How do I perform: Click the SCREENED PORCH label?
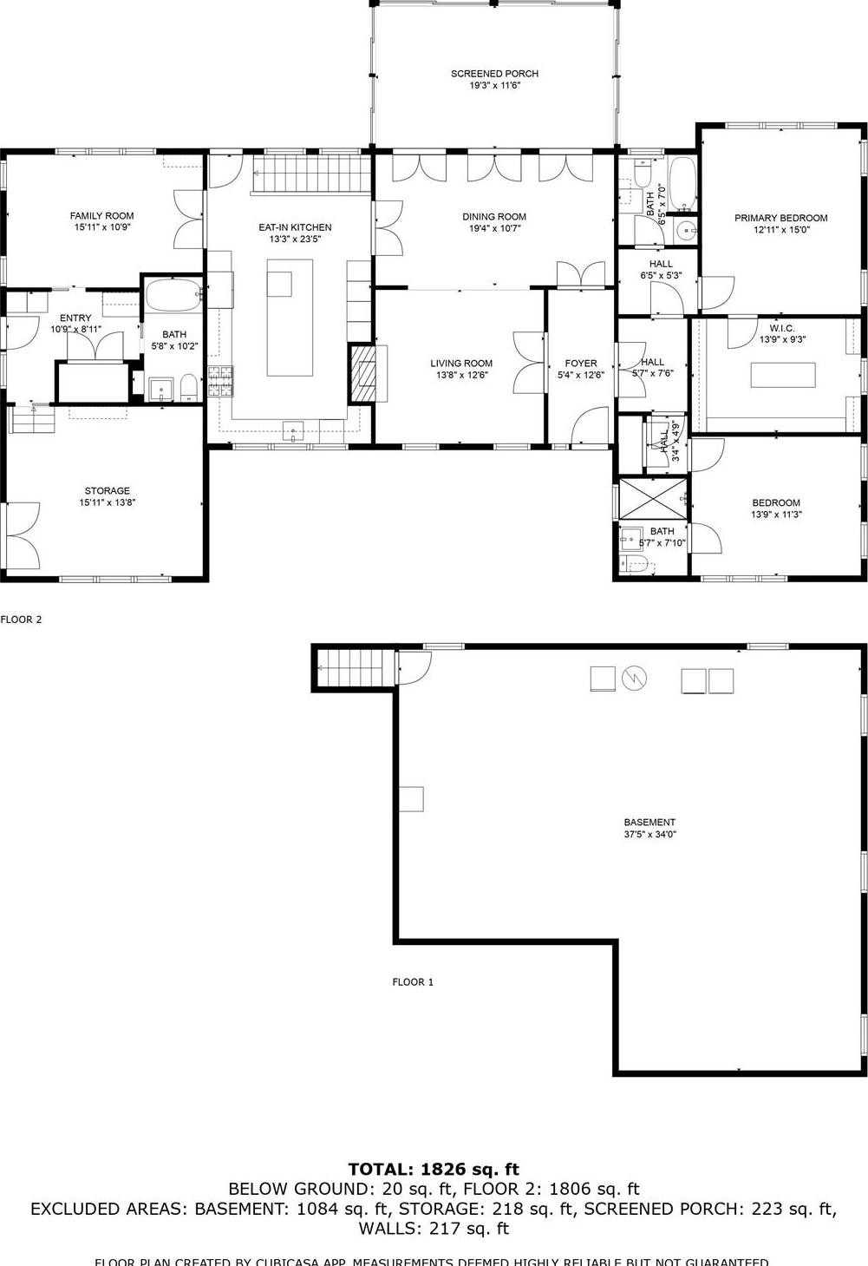click(494, 74)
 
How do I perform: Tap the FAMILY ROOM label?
click(102, 216)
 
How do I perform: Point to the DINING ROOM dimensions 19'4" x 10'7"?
click(494, 229)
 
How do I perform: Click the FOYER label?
click(580, 364)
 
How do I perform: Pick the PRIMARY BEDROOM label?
click(780, 218)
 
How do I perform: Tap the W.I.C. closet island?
click(783, 374)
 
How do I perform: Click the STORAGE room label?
click(107, 491)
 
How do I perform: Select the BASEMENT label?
click(649, 823)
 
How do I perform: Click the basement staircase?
click(354, 668)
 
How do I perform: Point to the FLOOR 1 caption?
click(413, 982)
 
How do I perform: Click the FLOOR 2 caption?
click(21, 620)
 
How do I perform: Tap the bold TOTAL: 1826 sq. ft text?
click(434, 1169)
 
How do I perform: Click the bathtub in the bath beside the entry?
click(173, 295)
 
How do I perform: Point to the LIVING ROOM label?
click(461, 364)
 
